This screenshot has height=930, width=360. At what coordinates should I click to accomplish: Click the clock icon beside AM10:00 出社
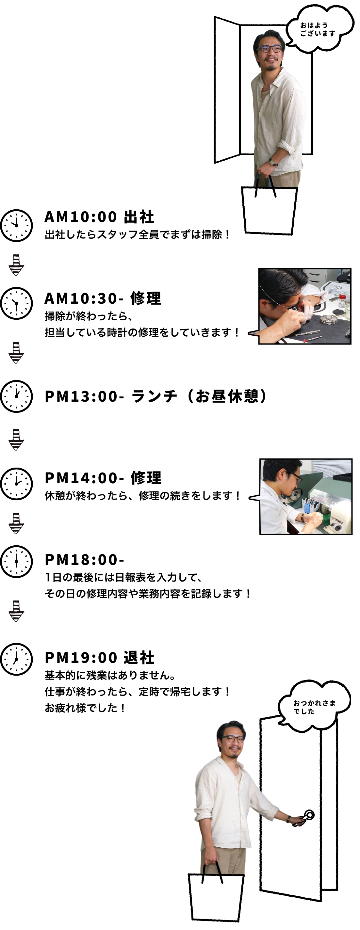click(16, 225)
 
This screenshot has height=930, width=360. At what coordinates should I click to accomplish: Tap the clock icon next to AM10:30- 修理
click(16, 303)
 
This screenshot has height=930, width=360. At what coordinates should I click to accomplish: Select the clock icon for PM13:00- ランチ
click(16, 396)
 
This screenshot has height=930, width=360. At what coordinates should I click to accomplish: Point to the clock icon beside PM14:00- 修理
click(16, 484)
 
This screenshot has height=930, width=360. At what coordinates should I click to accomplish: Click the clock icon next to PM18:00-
click(16, 561)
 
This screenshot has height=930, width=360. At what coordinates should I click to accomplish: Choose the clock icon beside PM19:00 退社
click(16, 659)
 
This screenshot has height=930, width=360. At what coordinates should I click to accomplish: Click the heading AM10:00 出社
click(99, 217)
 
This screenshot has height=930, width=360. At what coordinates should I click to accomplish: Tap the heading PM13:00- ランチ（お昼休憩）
click(155, 396)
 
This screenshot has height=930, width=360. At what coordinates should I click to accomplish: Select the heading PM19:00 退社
click(99, 658)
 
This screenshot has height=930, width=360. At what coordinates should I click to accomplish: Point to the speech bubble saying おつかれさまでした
click(314, 707)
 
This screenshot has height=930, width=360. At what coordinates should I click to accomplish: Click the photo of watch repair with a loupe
click(305, 306)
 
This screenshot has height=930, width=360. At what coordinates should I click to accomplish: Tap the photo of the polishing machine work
click(306, 496)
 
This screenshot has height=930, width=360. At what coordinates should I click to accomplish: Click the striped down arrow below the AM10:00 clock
click(16, 265)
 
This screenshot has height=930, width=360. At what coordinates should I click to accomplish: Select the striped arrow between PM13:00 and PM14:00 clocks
click(16, 440)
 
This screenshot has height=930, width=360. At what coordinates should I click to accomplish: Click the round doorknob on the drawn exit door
click(309, 814)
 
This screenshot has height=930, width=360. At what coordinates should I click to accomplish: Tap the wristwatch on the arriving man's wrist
click(273, 162)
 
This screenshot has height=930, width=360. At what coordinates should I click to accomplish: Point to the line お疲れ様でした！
click(85, 708)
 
